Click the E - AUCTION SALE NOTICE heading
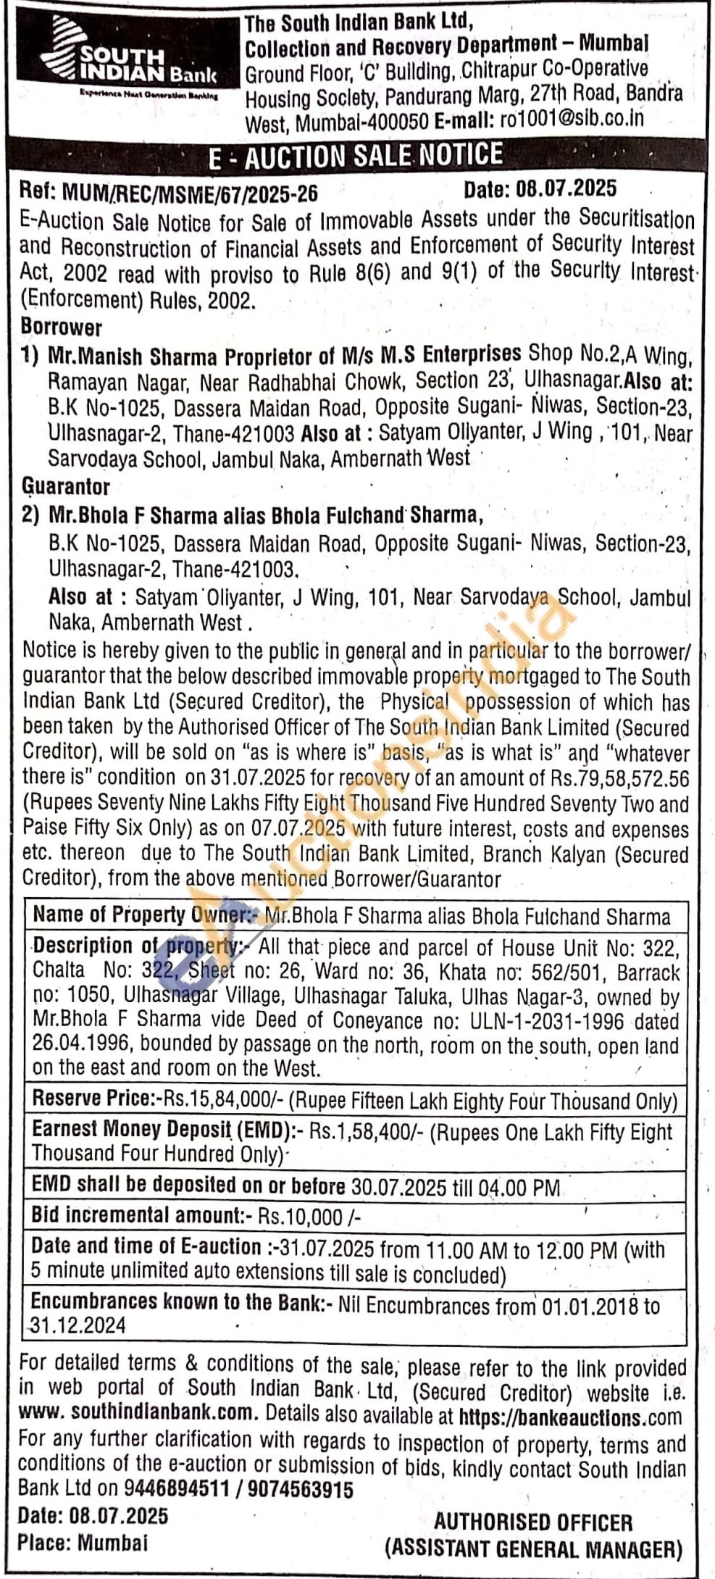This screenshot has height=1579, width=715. click(x=355, y=156)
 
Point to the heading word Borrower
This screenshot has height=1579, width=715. click(x=62, y=328)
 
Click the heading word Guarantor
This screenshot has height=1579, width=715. click(x=65, y=486)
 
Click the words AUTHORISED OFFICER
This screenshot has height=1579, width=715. click(x=533, y=1522)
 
